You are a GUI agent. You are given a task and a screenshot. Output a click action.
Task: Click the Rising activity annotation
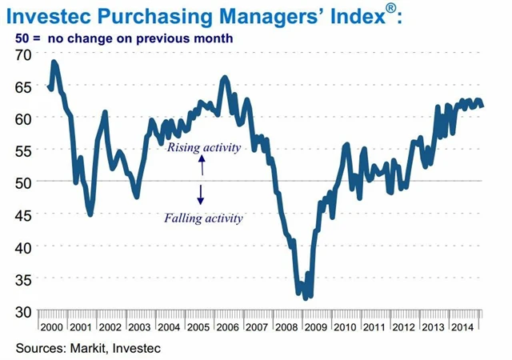202,147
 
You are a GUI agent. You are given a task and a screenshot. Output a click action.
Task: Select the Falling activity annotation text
203,218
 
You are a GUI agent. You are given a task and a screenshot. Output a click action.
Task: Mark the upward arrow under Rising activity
202,165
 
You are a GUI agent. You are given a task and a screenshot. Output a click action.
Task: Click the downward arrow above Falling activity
202,194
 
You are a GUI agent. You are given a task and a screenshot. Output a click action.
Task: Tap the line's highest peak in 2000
54,62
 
